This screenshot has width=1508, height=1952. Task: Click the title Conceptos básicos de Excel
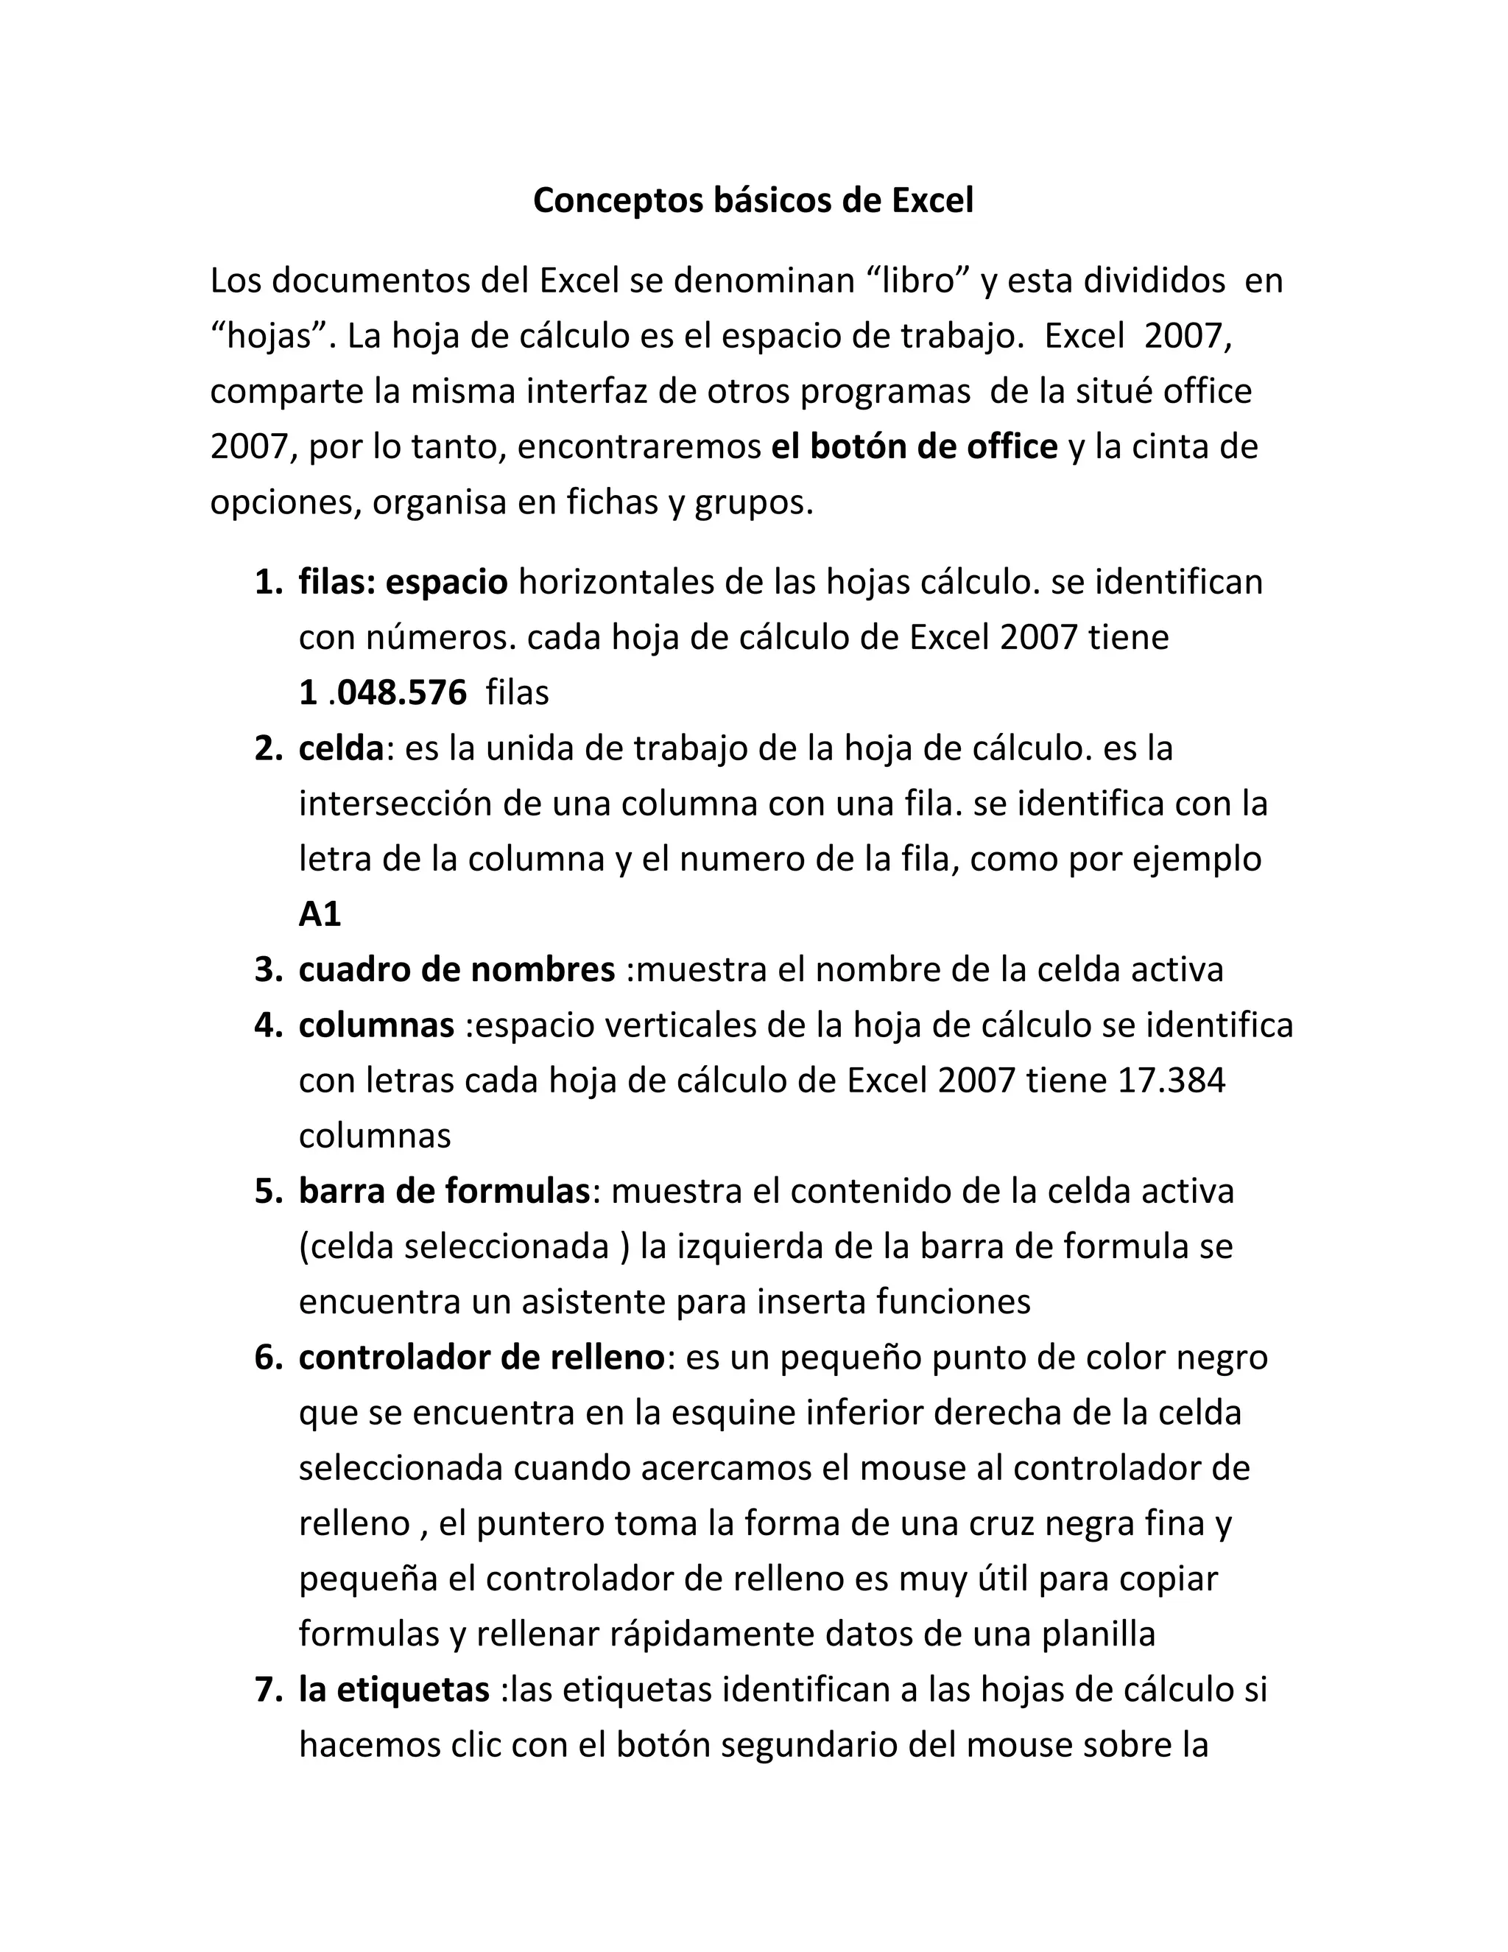pos(753,200)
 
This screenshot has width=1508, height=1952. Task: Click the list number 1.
pos(268,583)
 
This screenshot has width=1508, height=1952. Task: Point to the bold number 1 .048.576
pos(382,692)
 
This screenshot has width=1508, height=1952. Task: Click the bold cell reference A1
pos(320,914)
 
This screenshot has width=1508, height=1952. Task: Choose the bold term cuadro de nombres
pos(457,970)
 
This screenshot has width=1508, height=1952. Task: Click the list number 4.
pos(268,1025)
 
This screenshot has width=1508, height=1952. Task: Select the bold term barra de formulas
pos(444,1191)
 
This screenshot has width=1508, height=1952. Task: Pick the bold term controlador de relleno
pos(482,1358)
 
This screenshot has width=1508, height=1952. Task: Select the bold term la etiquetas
pos(394,1690)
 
